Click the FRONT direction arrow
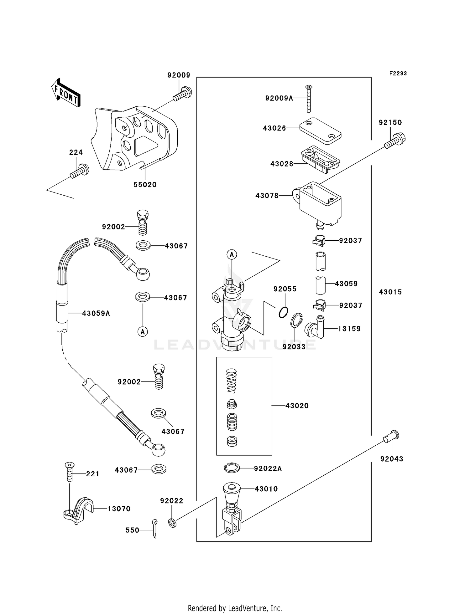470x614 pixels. [66, 93]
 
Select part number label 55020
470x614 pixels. [145, 185]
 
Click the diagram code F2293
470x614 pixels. [398, 74]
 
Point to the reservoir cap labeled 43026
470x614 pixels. [320, 131]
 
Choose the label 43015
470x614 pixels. [390, 292]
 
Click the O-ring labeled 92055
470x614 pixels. [283, 312]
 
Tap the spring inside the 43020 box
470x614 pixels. [232, 381]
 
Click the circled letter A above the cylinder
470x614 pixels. [232, 255]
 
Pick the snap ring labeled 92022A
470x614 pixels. [232, 468]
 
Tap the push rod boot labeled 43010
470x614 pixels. [232, 492]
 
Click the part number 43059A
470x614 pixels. [96, 313]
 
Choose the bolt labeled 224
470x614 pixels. [80, 171]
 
